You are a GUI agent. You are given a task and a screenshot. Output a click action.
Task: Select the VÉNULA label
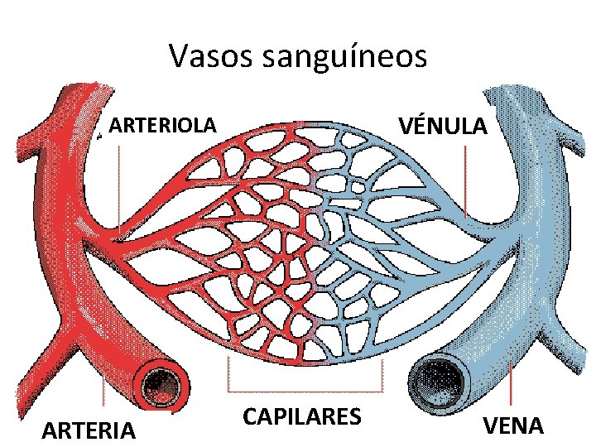point(444,126)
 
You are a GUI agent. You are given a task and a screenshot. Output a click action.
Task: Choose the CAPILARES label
point(302,416)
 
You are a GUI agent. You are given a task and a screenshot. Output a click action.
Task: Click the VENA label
point(513,425)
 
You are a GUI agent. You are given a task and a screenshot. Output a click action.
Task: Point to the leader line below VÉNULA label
point(466,182)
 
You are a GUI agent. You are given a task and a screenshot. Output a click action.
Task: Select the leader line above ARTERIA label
point(103,397)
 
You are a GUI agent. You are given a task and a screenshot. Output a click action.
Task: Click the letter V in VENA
point(490,425)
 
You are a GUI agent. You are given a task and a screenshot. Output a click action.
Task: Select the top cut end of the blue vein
point(513,89)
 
